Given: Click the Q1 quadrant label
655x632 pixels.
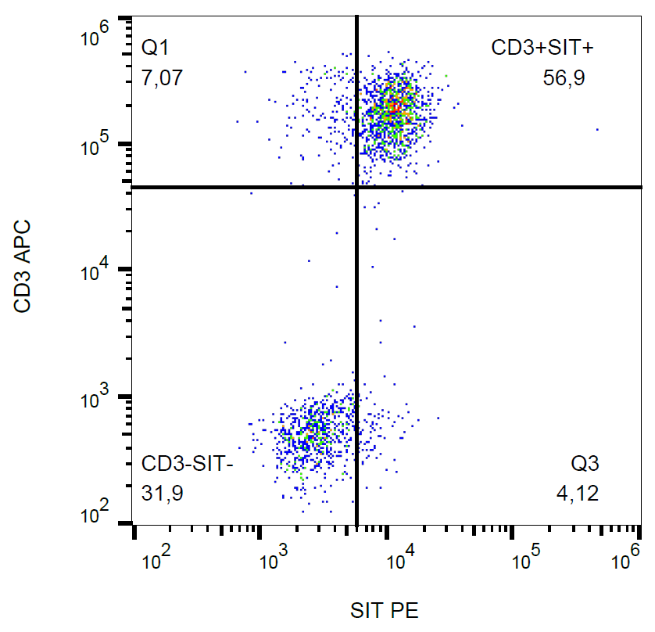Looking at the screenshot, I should pyautogui.click(x=155, y=48).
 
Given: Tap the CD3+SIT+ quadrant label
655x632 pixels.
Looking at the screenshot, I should pyautogui.click(x=542, y=48).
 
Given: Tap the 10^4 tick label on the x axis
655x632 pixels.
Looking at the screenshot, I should pyautogui.click(x=402, y=560).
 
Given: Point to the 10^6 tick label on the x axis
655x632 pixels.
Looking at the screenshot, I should pyautogui.click(x=628, y=560).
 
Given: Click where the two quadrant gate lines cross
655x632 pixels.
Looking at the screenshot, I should pyautogui.click(x=356, y=187).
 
